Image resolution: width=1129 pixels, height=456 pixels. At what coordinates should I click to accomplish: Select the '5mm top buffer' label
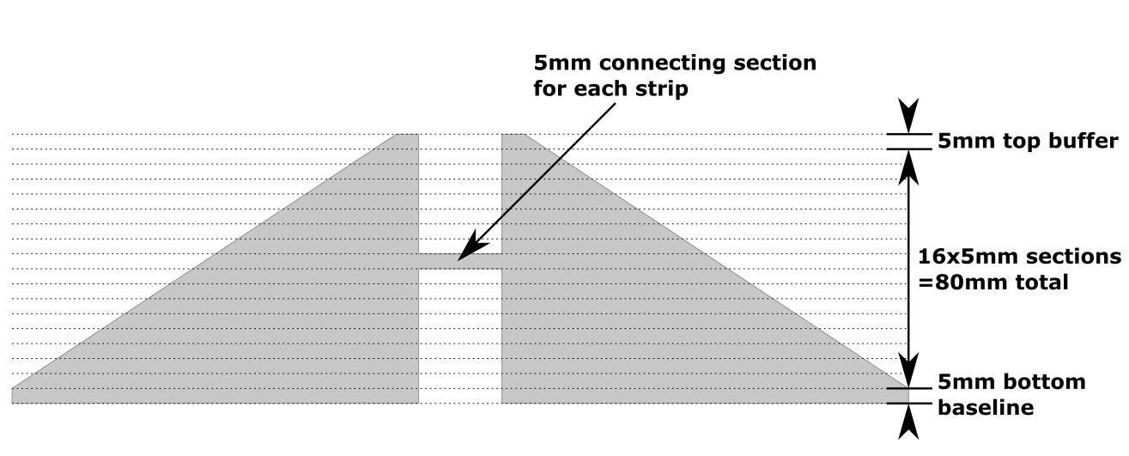[1028, 141]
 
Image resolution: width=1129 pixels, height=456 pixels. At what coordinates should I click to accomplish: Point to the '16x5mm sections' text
[1019, 257]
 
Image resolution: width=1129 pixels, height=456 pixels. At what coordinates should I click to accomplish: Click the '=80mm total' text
[992, 283]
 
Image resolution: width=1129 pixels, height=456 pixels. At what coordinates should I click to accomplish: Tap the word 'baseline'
[986, 407]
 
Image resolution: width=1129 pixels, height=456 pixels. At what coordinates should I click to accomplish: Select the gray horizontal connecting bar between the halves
[460, 261]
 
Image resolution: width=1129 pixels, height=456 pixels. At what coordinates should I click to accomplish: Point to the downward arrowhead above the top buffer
[908, 116]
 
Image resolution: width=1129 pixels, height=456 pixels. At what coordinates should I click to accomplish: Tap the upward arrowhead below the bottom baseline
[908, 422]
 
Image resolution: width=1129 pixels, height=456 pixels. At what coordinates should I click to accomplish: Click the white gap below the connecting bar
[460, 336]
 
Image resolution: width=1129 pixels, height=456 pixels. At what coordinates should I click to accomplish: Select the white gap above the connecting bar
[460, 193]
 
